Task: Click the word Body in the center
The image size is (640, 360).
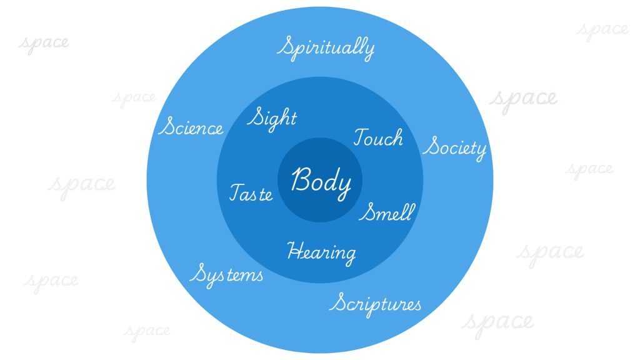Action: (x=321, y=181)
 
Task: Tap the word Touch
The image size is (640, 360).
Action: (x=378, y=137)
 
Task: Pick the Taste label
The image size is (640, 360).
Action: (x=251, y=192)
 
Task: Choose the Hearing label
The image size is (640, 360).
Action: (x=321, y=252)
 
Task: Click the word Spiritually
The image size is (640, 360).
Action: (x=326, y=47)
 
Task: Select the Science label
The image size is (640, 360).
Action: (x=191, y=127)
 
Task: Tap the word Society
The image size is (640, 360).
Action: (x=455, y=148)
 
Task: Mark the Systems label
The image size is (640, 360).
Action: (x=226, y=274)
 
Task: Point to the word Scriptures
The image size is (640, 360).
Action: (x=376, y=304)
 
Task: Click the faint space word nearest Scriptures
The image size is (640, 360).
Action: (x=497, y=321)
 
